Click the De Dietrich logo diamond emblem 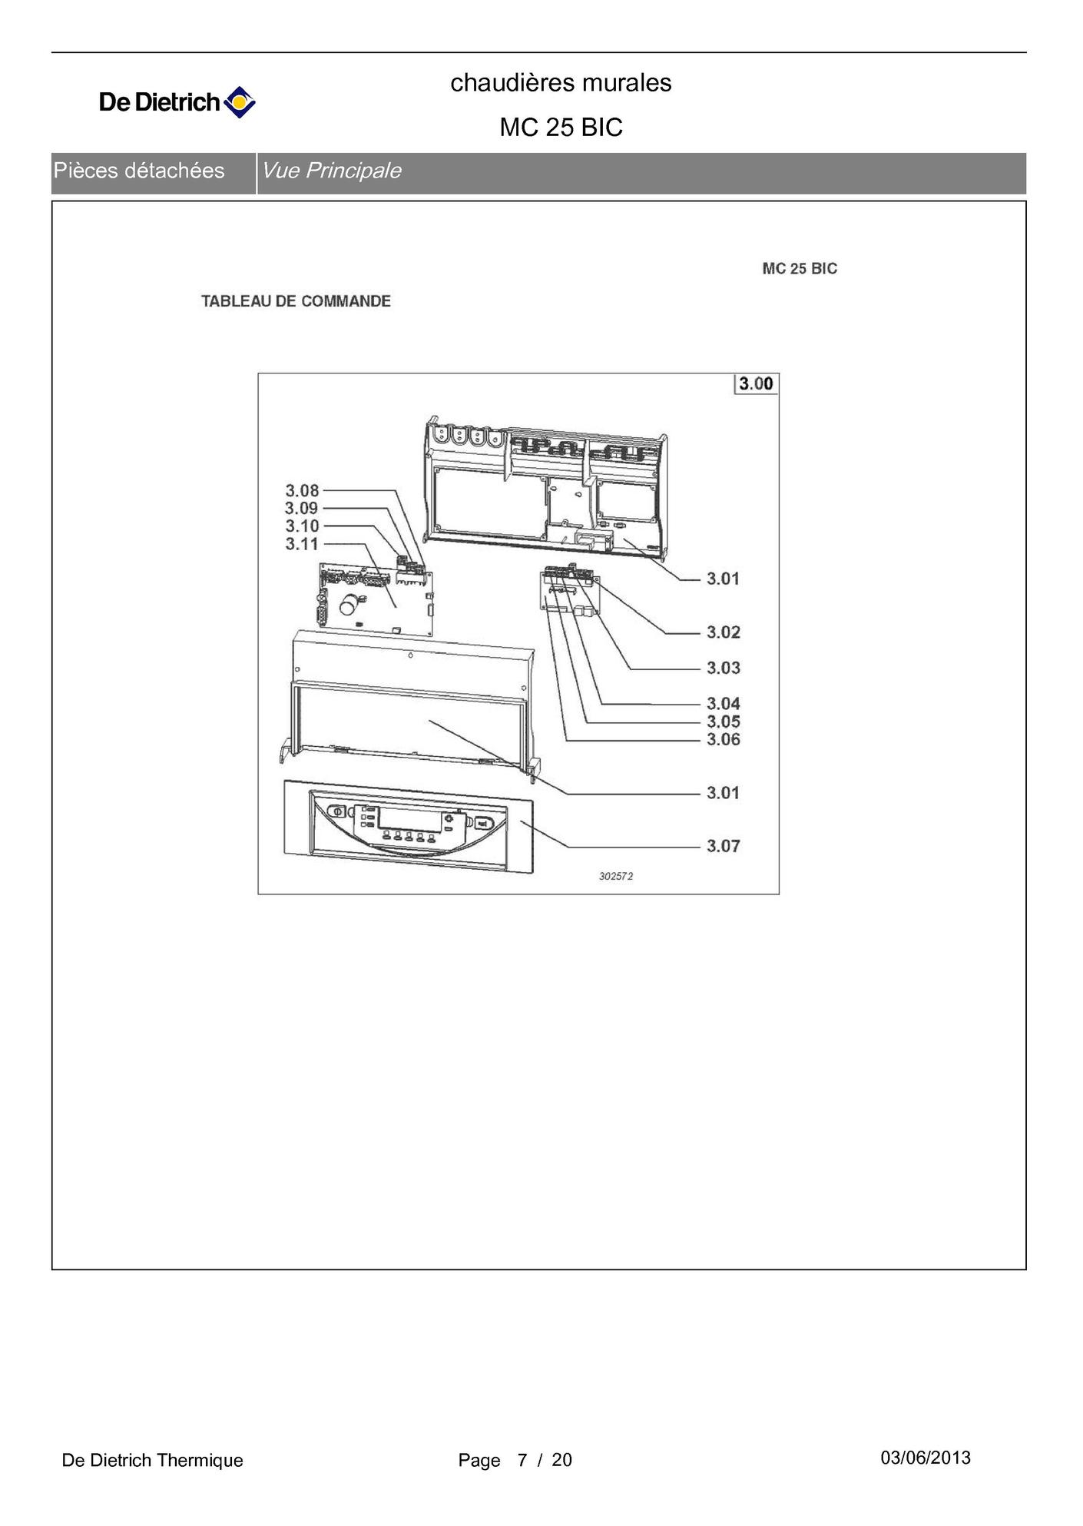tap(240, 102)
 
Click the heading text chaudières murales tap(561, 82)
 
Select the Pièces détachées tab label tap(139, 171)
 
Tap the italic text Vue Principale tap(331, 171)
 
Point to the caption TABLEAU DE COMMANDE tap(296, 301)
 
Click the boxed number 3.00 tap(756, 383)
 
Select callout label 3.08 tap(302, 490)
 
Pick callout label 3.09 tap(301, 508)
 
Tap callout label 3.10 tap(302, 526)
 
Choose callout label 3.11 tap(302, 544)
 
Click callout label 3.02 tap(724, 632)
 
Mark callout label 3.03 tap(724, 668)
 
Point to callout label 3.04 tap(724, 703)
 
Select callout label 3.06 tap(724, 739)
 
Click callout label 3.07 tap(724, 846)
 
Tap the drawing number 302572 tap(616, 876)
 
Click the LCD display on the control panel tap(409, 818)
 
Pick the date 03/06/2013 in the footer tap(926, 1458)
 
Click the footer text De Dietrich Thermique tap(152, 1460)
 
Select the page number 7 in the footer tap(522, 1460)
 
